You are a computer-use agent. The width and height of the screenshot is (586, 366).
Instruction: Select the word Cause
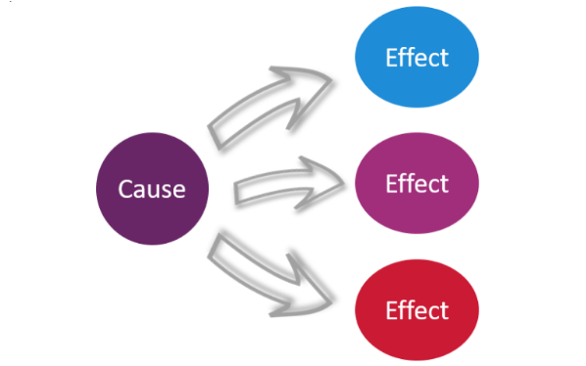(152, 188)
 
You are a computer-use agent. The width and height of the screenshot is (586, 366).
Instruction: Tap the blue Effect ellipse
(416, 58)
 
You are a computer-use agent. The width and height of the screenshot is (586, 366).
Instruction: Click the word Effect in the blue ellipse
(416, 57)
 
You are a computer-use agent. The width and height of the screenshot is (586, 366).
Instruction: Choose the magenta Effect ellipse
(416, 184)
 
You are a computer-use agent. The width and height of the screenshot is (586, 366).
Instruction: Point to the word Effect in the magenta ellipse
(416, 183)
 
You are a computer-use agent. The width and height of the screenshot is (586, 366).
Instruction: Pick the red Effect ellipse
(416, 311)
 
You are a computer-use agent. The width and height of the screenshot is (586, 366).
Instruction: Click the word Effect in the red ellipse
(416, 311)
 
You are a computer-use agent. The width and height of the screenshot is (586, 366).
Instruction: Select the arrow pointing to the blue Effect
(279, 103)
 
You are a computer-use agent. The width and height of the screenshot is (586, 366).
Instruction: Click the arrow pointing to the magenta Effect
(289, 183)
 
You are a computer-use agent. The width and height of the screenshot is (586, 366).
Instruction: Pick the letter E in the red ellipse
(391, 311)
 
